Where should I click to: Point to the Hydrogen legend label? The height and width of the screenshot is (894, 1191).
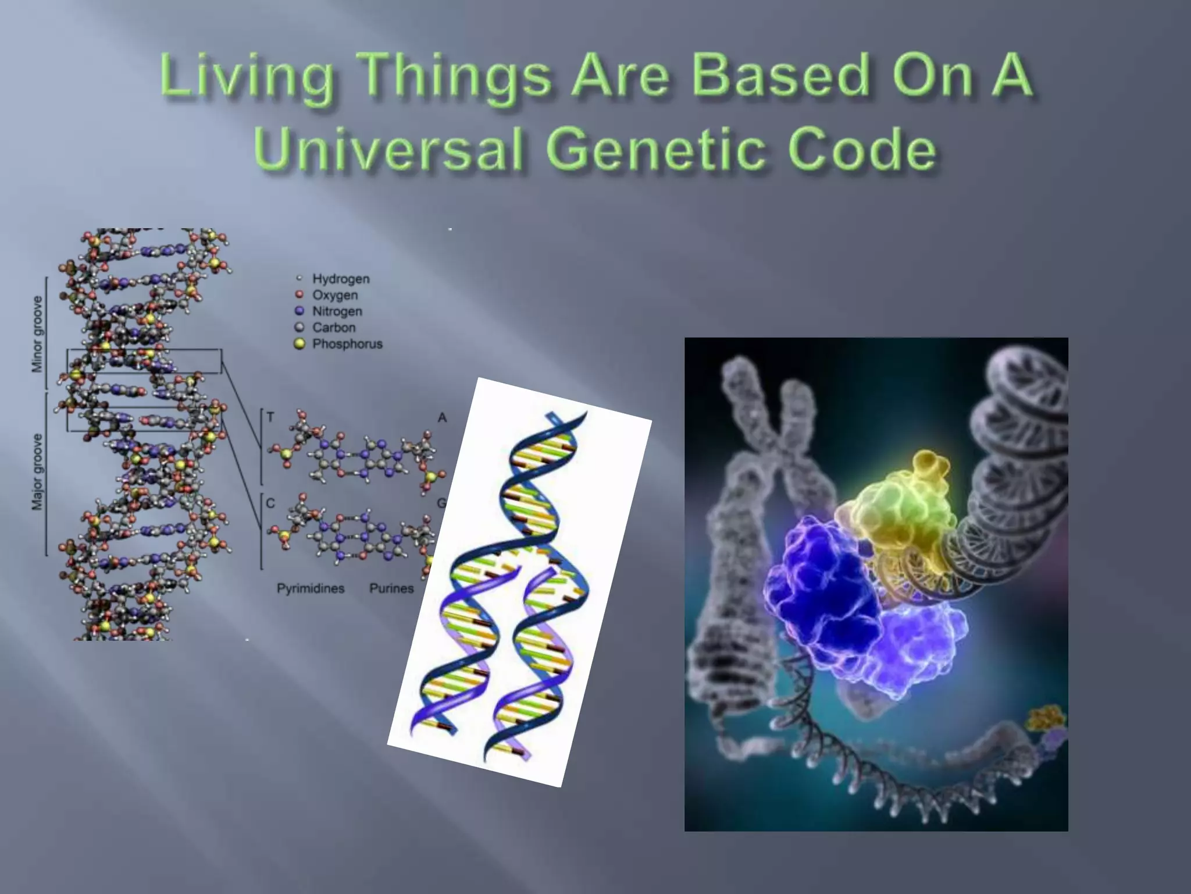pyautogui.click(x=341, y=279)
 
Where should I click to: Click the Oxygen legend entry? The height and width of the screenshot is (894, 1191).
pyautogui.click(x=335, y=295)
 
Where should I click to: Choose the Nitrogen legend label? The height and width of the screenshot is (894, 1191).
pyautogui.click(x=337, y=311)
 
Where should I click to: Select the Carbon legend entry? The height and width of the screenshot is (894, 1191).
pyautogui.click(x=334, y=328)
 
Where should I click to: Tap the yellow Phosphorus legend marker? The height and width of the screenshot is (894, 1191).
pyautogui.click(x=299, y=344)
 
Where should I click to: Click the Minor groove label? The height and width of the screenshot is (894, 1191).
pyautogui.click(x=37, y=334)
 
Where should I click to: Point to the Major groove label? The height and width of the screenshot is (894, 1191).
pyautogui.click(x=37, y=471)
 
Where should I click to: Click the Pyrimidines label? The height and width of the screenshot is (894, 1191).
pyautogui.click(x=311, y=588)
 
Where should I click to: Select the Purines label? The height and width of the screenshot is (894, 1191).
pyautogui.click(x=391, y=588)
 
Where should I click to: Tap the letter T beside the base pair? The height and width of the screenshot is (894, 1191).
pyautogui.click(x=270, y=417)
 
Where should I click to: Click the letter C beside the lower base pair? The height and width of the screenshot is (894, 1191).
pyautogui.click(x=270, y=503)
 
